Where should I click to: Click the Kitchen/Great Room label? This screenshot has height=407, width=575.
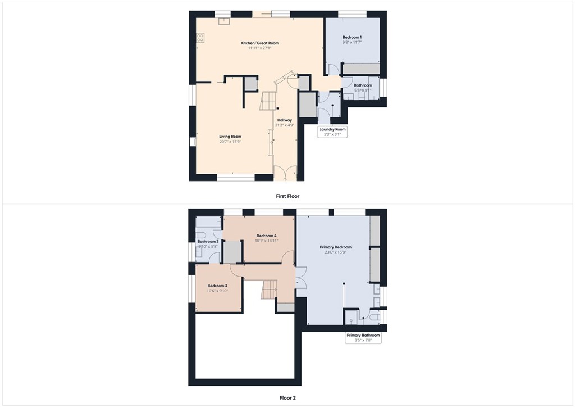pyautogui.click(x=259, y=43)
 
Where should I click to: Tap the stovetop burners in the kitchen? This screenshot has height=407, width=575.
pyautogui.click(x=200, y=38)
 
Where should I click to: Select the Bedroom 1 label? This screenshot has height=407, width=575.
pyautogui.click(x=352, y=37)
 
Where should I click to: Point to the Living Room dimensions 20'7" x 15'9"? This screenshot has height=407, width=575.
pyautogui.click(x=230, y=142)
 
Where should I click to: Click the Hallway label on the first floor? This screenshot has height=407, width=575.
pyautogui.click(x=285, y=120)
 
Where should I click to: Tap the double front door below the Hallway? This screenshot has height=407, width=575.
pyautogui.click(x=286, y=173)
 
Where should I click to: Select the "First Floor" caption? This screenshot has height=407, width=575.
pyautogui.click(x=287, y=196)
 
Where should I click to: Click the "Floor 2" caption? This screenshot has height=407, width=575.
pyautogui.click(x=287, y=397)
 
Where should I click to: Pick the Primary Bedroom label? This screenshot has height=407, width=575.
pyautogui.click(x=336, y=247)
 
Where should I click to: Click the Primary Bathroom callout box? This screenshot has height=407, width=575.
pyautogui.click(x=363, y=337)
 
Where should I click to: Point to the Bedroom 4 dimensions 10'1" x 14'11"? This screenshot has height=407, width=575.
pyautogui.click(x=267, y=241)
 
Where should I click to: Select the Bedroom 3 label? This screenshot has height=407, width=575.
pyautogui.click(x=217, y=286)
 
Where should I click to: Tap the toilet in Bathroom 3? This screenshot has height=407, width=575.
pyautogui.click(x=200, y=235)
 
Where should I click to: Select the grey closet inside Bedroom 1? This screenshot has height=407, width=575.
pyautogui.click(x=362, y=69)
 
